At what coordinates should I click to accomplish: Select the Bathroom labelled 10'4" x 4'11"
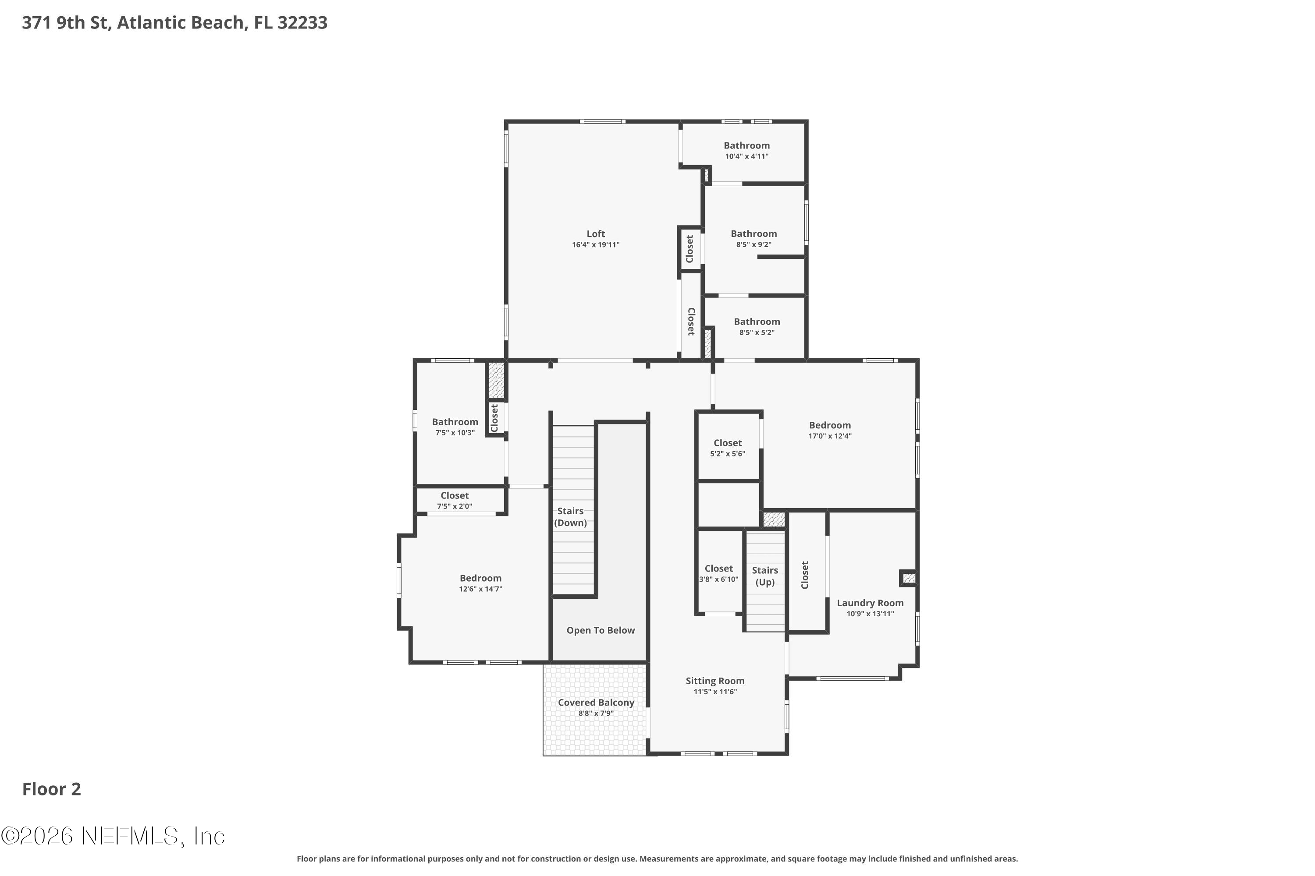tap(746, 145)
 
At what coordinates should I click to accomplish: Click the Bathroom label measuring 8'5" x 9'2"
tap(753, 233)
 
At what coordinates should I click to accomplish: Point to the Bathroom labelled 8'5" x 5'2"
tap(757, 321)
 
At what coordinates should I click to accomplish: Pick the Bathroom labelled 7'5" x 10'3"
tap(455, 422)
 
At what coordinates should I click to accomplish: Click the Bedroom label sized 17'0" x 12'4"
tap(830, 425)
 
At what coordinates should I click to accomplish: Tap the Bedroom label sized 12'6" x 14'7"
tap(480, 578)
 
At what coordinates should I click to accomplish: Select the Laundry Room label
tap(870, 603)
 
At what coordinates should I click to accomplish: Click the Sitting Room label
tap(714, 681)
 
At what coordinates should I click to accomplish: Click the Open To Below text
tap(601, 630)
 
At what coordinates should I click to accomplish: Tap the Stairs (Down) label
tap(570, 517)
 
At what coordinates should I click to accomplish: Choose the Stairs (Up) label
tap(764, 576)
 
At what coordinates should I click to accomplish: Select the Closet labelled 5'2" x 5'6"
tap(727, 443)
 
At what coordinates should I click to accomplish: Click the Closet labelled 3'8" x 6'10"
tap(718, 568)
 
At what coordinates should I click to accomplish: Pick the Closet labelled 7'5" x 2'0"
tap(454, 495)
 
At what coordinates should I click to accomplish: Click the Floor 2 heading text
tap(51, 789)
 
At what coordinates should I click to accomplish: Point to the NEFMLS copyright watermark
tap(113, 836)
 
